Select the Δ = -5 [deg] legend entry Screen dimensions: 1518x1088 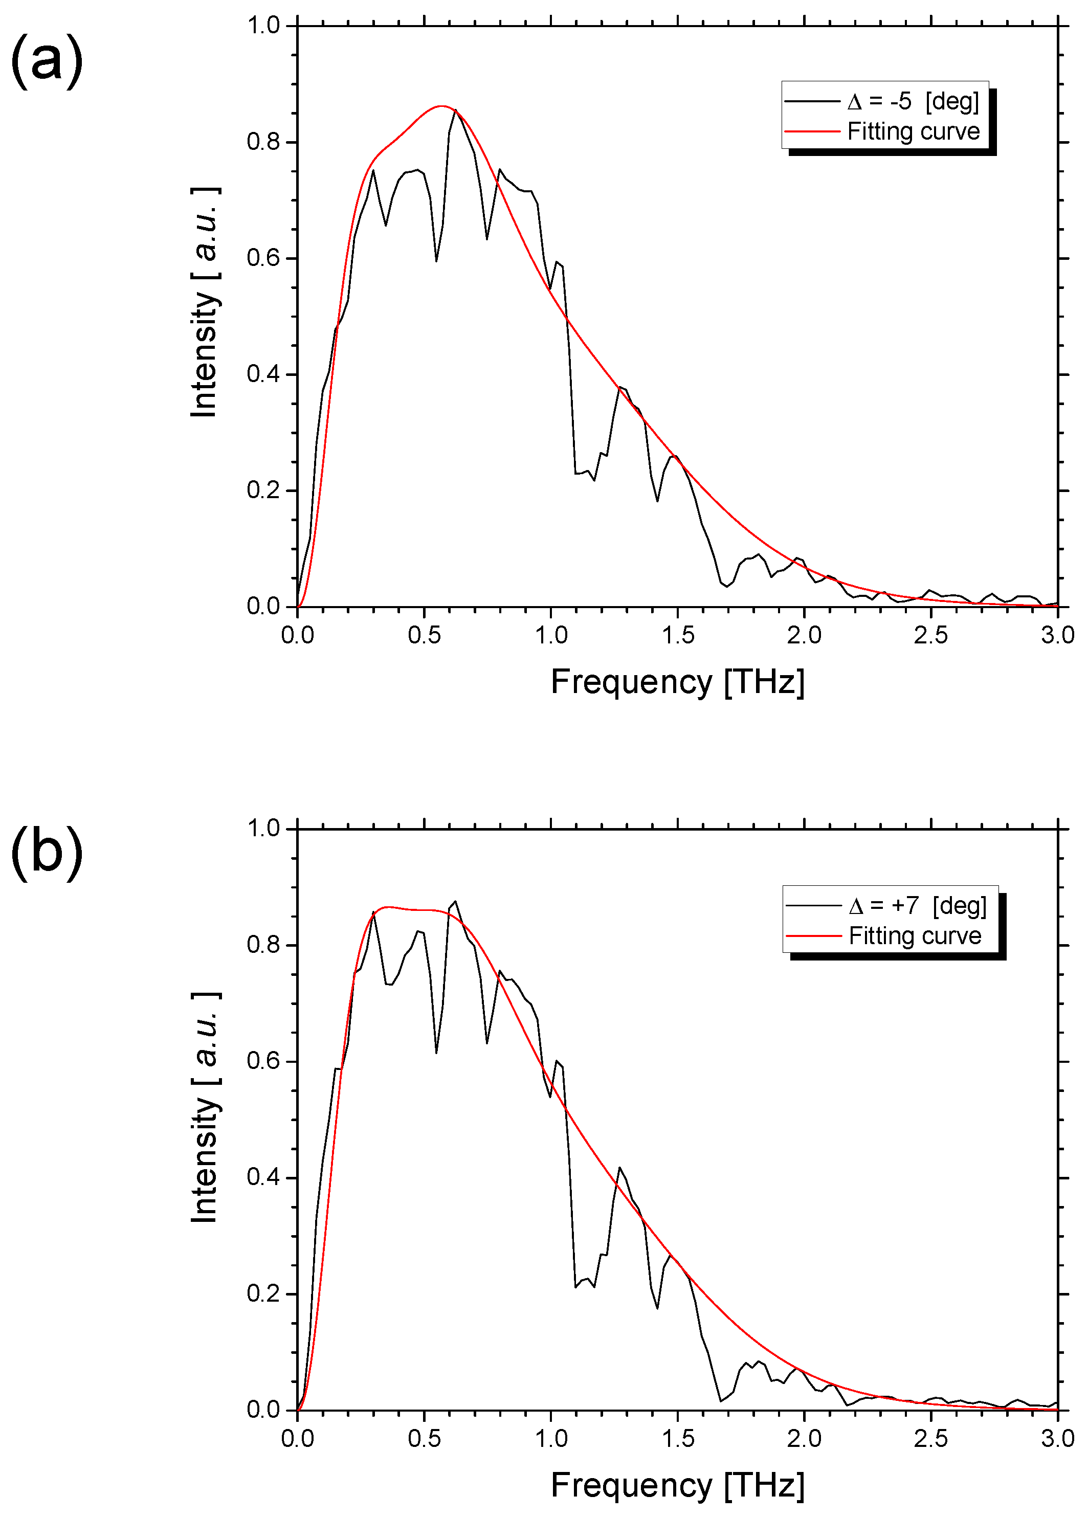(913, 101)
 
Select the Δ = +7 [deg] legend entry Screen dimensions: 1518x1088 (917, 906)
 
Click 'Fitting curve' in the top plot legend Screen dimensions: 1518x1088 (913, 131)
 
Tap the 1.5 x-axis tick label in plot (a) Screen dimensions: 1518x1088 (678, 635)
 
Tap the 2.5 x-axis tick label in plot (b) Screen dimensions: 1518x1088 (930, 1438)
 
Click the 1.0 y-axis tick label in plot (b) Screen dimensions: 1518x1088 (263, 829)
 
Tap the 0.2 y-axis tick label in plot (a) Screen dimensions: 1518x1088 (263, 490)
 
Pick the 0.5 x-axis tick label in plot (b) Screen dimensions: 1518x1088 (425, 1438)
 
